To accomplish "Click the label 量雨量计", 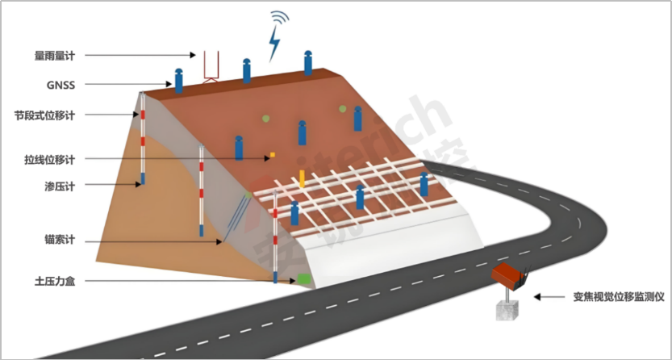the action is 54,56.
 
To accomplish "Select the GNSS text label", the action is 61,84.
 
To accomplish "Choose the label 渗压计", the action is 60,187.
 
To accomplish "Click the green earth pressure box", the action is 304,278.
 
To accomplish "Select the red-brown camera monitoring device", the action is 510,274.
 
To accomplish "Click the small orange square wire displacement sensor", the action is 273,153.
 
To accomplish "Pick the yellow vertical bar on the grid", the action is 302,178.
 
